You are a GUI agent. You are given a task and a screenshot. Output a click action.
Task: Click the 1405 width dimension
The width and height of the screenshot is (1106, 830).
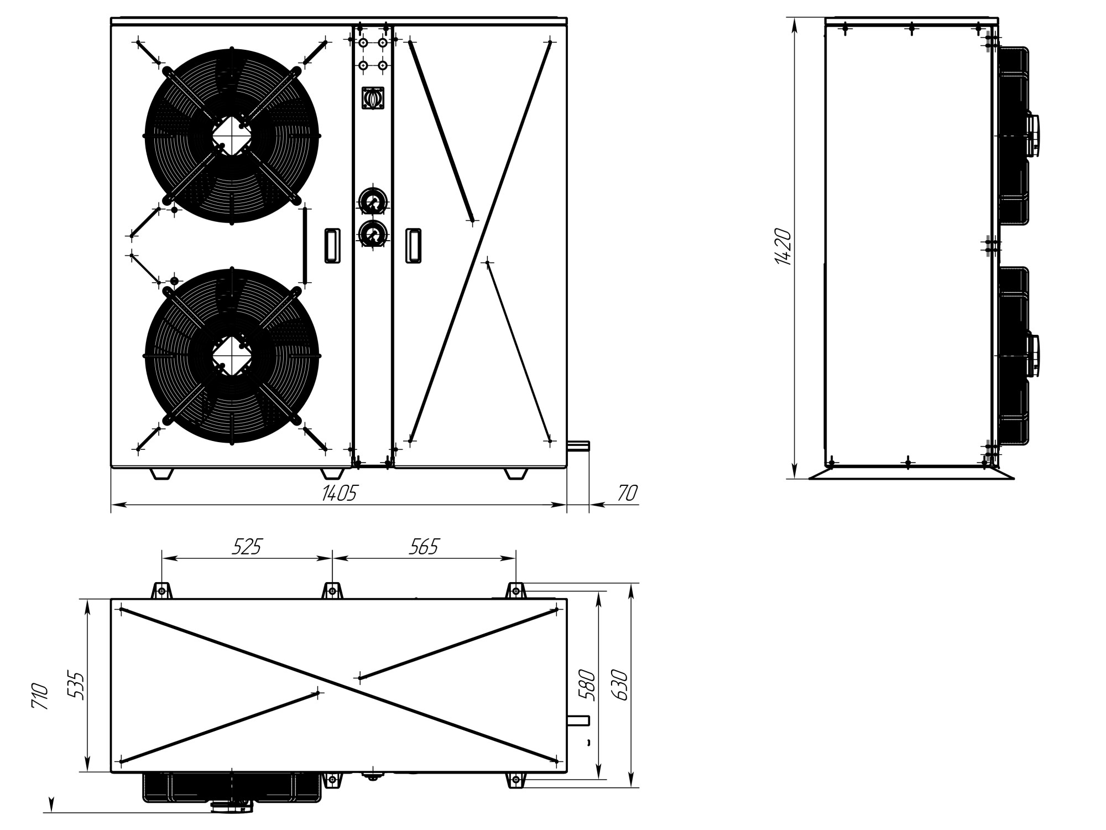coord(339,493)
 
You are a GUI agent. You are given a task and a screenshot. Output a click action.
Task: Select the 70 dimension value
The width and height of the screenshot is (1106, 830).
coord(628,493)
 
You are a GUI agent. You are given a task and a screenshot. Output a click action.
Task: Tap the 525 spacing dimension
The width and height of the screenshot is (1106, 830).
coord(246,547)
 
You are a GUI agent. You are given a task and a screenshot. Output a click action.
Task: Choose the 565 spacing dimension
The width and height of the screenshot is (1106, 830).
coord(424,547)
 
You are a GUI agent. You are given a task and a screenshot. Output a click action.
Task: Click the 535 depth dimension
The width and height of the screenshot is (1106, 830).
coord(79,686)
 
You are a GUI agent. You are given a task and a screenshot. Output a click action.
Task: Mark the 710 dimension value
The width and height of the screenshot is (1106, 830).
coord(40,697)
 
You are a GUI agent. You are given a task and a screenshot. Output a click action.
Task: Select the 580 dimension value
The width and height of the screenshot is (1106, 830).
coord(589,686)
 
